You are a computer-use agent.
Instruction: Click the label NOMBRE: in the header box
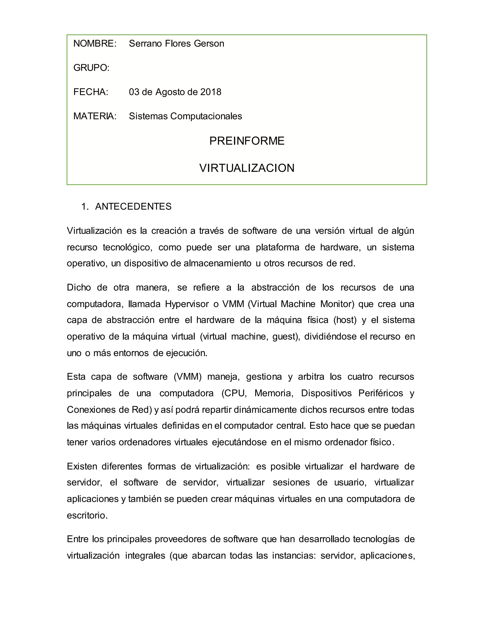coord(95,44)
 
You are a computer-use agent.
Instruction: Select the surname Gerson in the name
coord(209,44)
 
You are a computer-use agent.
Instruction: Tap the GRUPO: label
coord(91,68)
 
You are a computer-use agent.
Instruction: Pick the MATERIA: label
coord(95,116)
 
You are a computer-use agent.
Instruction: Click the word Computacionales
coord(206,116)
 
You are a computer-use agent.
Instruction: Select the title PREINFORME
coord(247,141)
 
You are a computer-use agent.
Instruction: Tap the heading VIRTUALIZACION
coord(247,168)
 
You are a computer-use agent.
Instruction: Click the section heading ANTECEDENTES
coord(133,206)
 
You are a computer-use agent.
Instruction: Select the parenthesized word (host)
coord(345,320)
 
